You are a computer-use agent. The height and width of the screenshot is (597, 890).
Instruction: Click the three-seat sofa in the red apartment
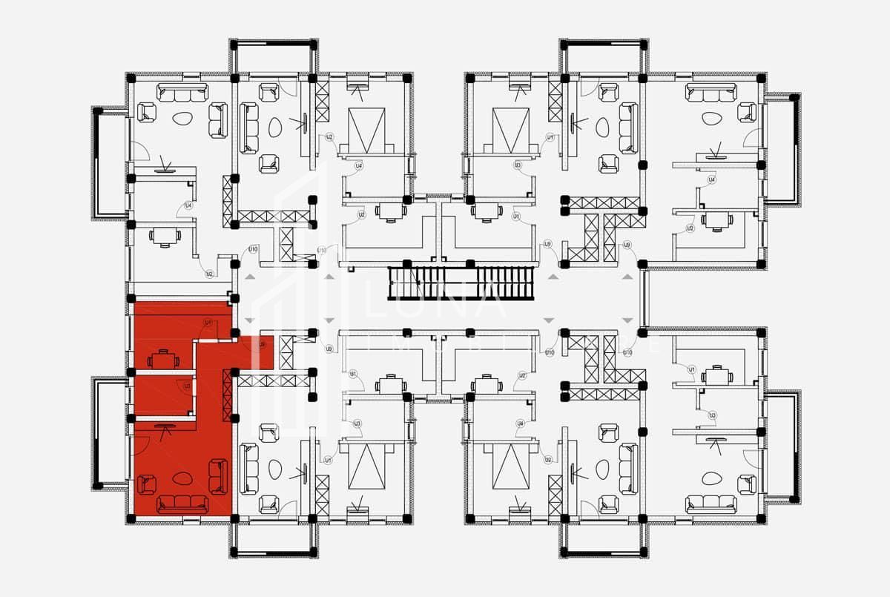182,504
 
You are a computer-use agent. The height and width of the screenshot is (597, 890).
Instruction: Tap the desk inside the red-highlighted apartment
163,360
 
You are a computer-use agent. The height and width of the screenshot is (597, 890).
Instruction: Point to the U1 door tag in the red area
208,323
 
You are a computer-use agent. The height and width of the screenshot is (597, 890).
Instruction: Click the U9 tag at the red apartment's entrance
261,344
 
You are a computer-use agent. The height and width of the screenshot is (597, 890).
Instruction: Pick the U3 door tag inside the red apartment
187,386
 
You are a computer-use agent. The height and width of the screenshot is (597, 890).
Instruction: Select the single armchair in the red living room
145,484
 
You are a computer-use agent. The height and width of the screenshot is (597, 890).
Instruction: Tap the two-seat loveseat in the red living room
218,476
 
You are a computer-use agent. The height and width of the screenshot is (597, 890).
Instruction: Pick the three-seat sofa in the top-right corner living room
711,92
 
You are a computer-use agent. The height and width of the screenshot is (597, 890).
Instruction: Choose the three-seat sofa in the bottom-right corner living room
711,504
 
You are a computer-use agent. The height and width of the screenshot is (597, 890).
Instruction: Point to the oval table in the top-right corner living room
711,118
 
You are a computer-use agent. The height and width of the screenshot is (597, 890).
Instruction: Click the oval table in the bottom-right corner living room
711,478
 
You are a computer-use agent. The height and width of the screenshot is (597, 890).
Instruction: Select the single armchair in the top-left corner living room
146,112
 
